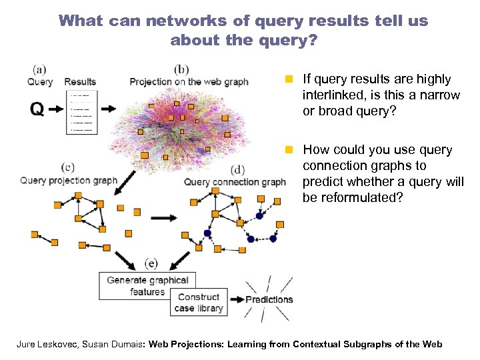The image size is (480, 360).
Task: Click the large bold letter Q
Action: click(38, 109)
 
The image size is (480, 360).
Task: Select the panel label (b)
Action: click(181, 69)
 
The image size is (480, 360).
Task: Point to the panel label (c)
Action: click(67, 167)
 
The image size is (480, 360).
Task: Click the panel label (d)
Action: click(237, 169)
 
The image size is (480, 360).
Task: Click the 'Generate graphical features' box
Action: click(147, 286)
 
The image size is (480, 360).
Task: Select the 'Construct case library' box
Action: click(198, 303)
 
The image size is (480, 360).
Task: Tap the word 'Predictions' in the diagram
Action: click(269, 299)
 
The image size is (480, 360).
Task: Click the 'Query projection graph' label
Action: click(69, 180)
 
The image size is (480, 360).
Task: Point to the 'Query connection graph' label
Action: click(235, 182)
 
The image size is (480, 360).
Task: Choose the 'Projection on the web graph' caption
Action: click(189, 82)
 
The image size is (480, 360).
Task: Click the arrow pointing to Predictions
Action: click(235, 299)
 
